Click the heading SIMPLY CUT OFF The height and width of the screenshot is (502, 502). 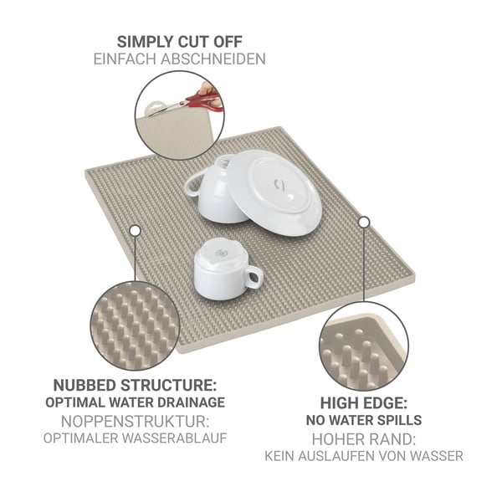click(x=179, y=42)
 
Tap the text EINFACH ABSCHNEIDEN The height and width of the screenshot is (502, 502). click(x=179, y=59)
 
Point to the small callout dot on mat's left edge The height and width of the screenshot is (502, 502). click(x=136, y=230)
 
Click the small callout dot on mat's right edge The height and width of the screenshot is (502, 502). click(x=364, y=222)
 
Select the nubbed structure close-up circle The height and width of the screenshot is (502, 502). click(x=135, y=326)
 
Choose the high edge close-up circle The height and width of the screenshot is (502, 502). click(x=364, y=346)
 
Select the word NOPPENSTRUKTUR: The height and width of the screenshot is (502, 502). click(x=135, y=422)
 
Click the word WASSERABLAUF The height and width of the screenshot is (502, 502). click(x=175, y=438)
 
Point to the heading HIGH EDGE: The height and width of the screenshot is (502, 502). click(x=364, y=403)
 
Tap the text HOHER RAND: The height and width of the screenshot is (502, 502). click(x=364, y=439)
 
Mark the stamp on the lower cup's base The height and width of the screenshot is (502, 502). click(x=221, y=254)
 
